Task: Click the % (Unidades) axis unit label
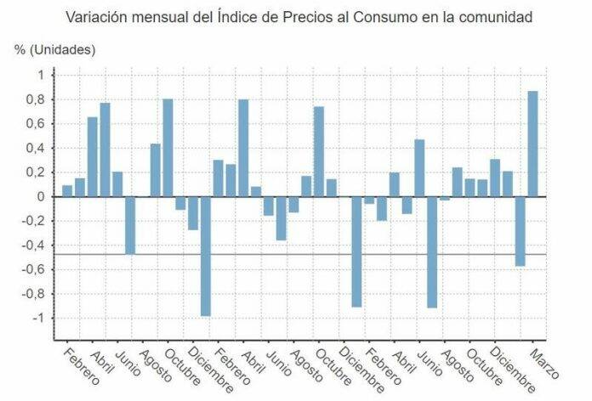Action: click(54, 49)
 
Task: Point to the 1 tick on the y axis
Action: click(38, 75)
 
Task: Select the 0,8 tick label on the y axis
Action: click(33, 99)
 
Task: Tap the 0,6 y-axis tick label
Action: click(33, 124)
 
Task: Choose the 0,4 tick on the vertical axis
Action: click(33, 148)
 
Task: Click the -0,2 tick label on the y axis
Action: click(31, 221)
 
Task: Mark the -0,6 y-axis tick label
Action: click(31, 270)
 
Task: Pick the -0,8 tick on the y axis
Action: click(31, 294)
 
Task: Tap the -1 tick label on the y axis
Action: click(36, 319)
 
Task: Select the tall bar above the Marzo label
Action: click(532, 144)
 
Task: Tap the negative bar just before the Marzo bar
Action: click(520, 231)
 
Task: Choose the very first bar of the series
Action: click(67, 190)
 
